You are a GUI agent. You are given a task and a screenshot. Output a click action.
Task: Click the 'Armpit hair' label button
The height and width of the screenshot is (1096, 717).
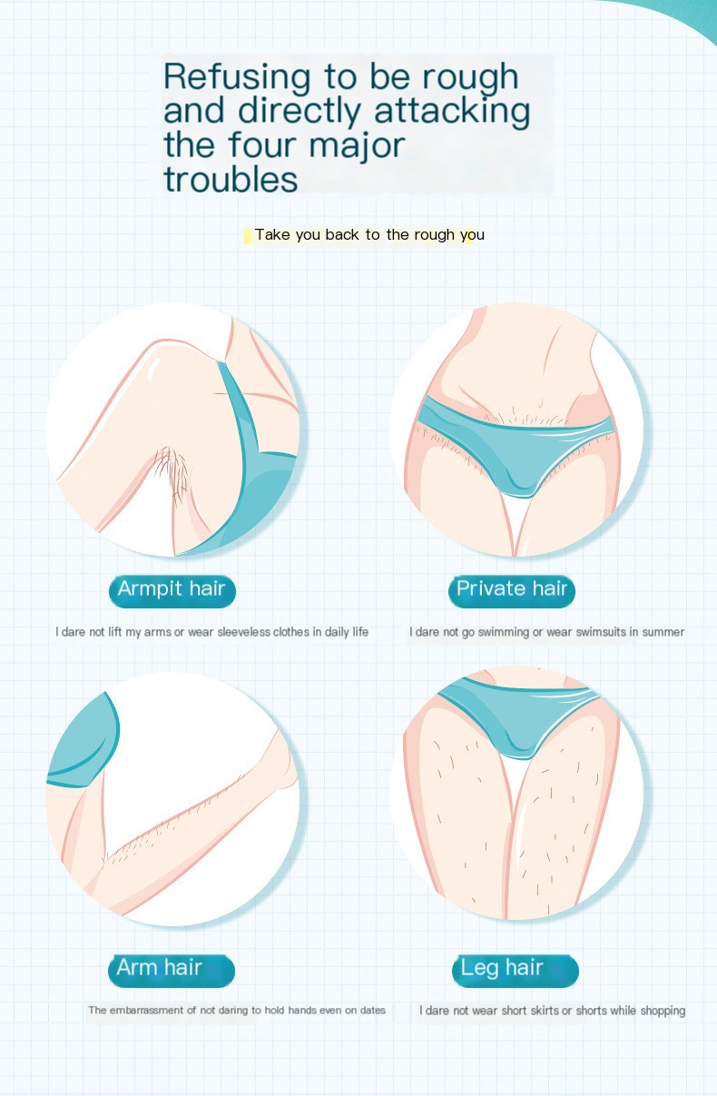click(x=172, y=591)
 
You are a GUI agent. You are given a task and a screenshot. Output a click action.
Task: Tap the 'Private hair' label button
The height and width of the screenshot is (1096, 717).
click(x=512, y=591)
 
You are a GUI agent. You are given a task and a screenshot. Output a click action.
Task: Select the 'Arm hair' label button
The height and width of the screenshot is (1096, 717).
click(x=172, y=971)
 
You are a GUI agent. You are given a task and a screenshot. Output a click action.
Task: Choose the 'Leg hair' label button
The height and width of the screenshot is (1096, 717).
click(x=516, y=971)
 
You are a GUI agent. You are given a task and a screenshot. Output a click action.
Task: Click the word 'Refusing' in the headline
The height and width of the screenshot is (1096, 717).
click(x=237, y=78)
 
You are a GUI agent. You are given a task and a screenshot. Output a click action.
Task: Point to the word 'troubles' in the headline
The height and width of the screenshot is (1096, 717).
click(x=231, y=180)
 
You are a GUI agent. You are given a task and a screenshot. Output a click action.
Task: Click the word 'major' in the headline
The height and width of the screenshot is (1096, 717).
click(x=357, y=147)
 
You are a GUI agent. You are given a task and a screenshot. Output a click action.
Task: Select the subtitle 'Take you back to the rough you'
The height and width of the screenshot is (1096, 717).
click(x=369, y=235)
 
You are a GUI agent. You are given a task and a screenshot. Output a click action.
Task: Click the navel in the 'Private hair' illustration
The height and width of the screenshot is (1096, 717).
click(x=540, y=404)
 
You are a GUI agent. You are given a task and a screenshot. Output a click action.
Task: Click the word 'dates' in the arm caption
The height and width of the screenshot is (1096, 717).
click(x=372, y=1011)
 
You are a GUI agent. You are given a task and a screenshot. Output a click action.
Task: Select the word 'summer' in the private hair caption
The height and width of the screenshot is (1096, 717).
click(x=663, y=632)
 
